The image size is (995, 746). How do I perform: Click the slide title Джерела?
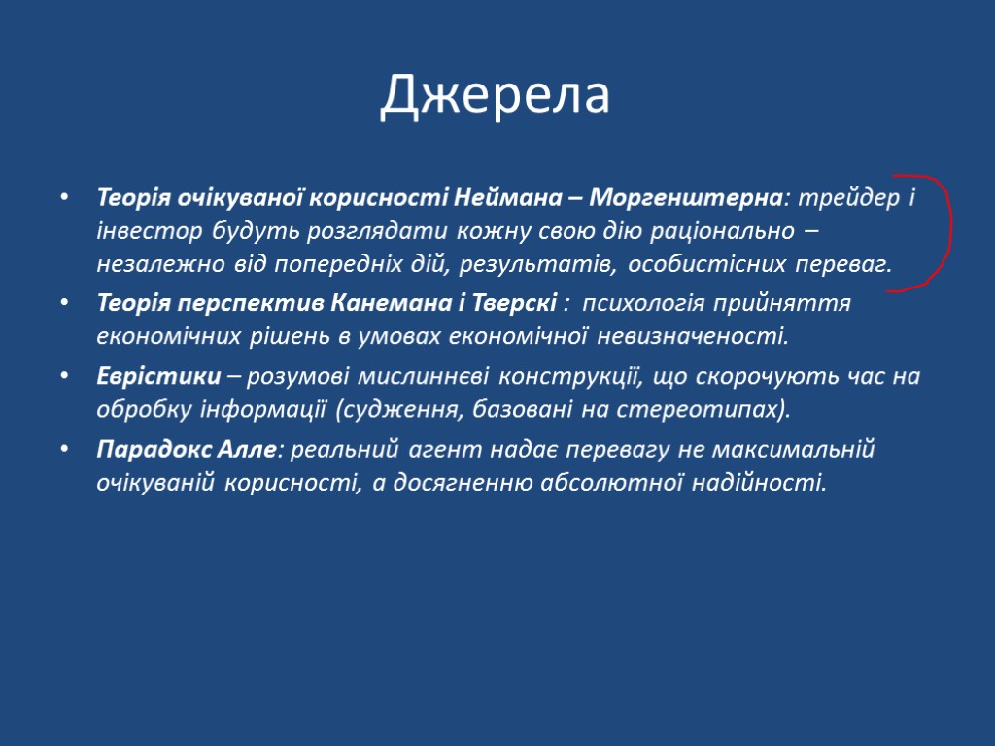(x=496, y=95)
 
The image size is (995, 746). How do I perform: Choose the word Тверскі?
(x=515, y=303)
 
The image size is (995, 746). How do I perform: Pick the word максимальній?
(x=794, y=449)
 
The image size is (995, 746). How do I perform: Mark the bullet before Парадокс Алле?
(x=64, y=450)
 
